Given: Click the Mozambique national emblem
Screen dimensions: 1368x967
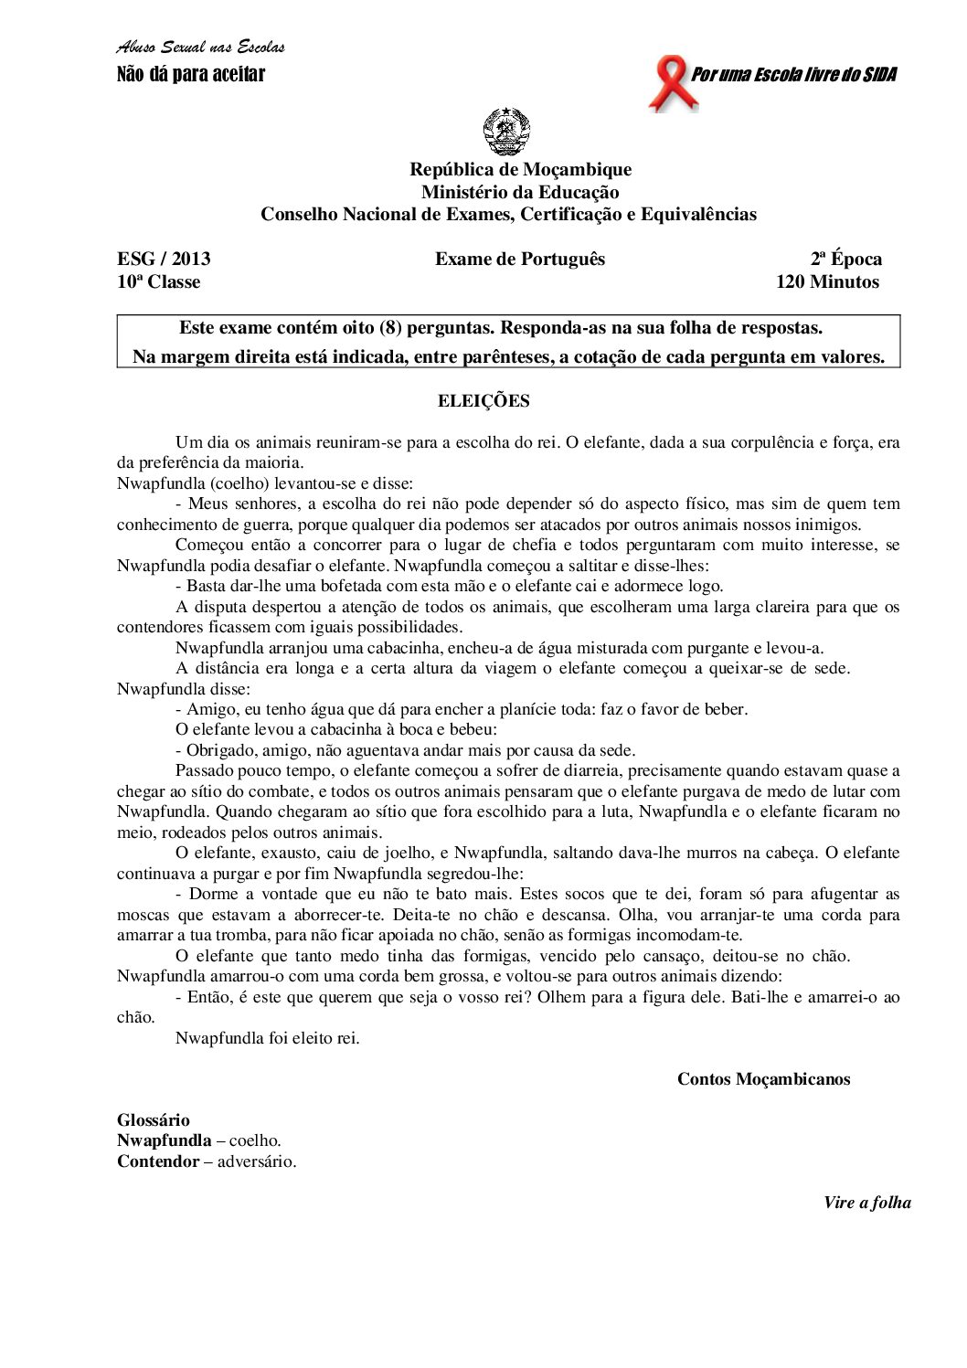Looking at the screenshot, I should tap(506, 132).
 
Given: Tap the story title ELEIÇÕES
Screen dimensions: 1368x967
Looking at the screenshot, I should tap(483, 400).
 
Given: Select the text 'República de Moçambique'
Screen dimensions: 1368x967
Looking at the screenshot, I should tap(520, 169).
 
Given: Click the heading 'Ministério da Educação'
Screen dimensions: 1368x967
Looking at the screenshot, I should tap(520, 192).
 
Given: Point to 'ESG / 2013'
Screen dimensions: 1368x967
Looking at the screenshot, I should tap(164, 259).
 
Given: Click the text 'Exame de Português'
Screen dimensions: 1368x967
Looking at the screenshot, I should tap(520, 259).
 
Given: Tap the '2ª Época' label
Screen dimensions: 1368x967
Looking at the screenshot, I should tap(845, 259).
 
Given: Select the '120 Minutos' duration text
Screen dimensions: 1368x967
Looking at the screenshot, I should tap(827, 281).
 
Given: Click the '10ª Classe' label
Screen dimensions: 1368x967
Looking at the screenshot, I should tap(159, 281).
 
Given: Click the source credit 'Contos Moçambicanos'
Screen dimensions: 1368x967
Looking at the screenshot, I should tap(763, 1078).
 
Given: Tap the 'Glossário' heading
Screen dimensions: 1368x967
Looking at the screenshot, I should tap(154, 1119).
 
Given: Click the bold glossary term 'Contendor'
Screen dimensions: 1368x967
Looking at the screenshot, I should tap(157, 1161).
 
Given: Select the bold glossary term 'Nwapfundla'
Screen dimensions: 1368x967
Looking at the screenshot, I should tap(164, 1140).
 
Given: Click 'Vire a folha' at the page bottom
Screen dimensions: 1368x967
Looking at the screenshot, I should tap(866, 1203).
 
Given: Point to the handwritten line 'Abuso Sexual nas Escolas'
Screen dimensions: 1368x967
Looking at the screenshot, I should tap(201, 48).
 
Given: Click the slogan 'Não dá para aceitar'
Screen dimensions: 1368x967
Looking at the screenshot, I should tap(191, 74).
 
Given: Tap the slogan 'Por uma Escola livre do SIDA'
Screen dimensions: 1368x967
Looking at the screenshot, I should tap(793, 74).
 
